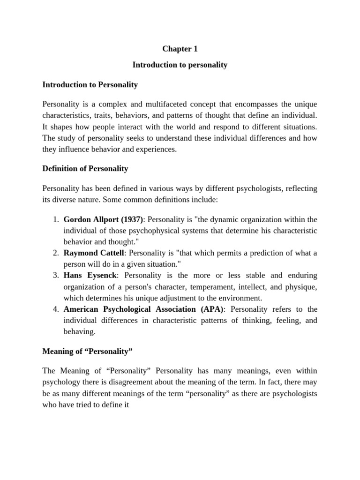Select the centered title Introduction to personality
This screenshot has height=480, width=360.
180,65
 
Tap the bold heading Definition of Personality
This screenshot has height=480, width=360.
85,168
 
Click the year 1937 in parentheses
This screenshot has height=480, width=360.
132,219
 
